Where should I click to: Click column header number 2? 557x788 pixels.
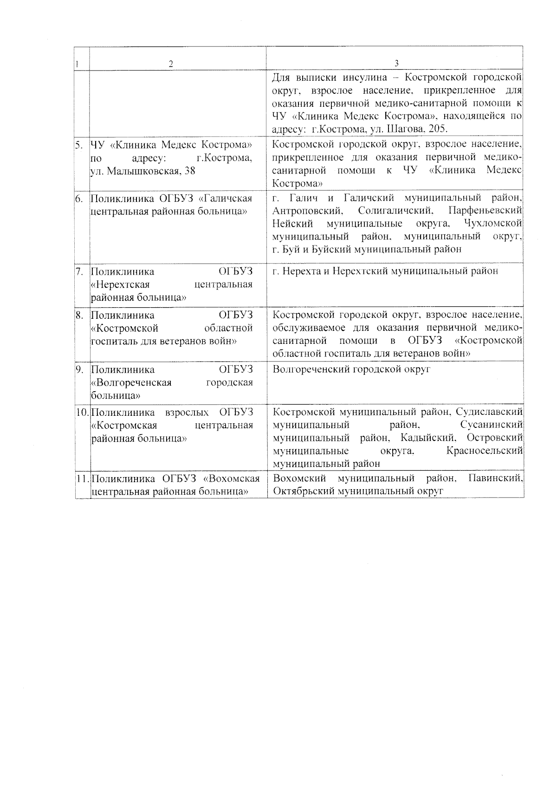coord(171,64)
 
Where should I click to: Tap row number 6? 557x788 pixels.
coord(79,199)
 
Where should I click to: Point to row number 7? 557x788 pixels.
coord(79,271)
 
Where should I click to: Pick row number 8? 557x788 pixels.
coord(79,316)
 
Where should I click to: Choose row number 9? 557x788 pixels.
coord(79,369)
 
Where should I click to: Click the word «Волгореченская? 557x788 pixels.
coord(131,383)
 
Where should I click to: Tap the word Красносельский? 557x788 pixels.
coord(485,451)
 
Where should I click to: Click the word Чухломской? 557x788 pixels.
coord(493,224)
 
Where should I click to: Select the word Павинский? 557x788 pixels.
coord(496,478)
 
